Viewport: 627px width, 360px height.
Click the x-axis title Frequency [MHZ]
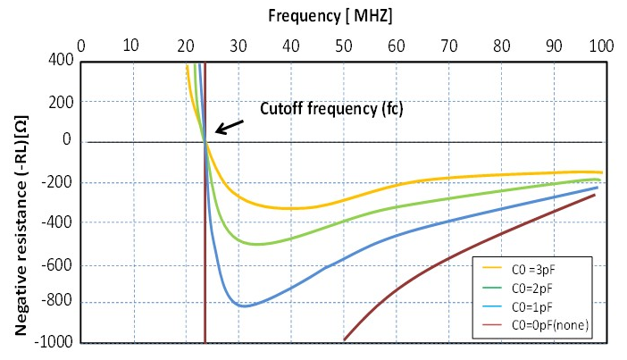[330, 15]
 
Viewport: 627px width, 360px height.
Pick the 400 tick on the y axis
[60, 60]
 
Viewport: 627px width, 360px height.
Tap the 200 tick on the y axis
[60, 101]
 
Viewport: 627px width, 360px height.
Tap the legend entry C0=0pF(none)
[539, 326]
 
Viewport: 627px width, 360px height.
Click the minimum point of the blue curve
[244, 306]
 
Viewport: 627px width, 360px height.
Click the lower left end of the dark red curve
[344, 339]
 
